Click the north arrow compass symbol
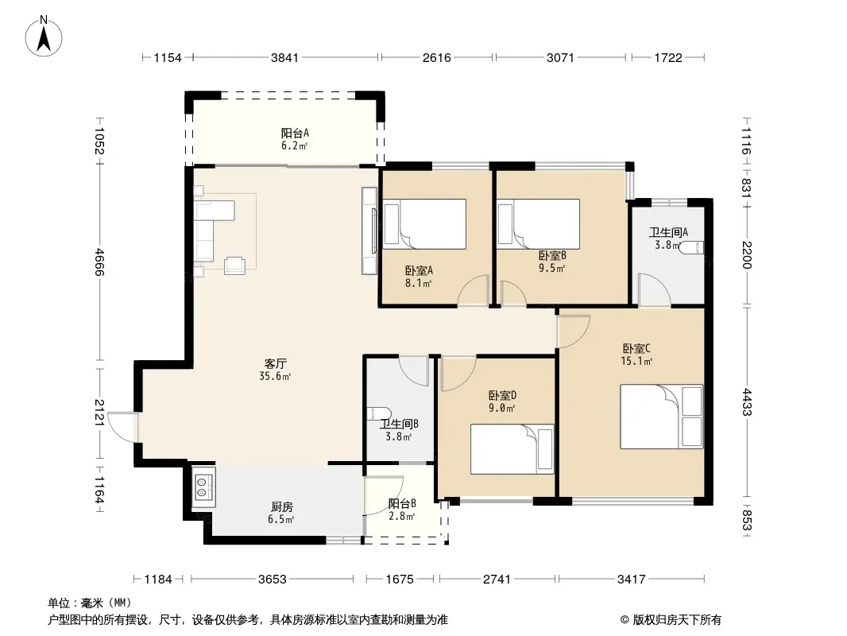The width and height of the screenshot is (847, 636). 44,37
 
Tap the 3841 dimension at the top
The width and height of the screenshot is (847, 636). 284,57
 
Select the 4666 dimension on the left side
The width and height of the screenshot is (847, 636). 99,262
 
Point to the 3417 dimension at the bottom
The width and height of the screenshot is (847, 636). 632,580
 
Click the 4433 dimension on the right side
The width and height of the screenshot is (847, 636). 747,402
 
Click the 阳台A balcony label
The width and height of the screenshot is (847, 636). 295,133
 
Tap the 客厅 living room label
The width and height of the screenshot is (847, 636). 276,363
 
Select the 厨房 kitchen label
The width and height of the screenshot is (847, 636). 282,507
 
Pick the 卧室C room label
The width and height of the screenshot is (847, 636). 636,348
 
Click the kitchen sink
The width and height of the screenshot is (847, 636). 203,487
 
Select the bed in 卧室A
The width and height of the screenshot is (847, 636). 424,224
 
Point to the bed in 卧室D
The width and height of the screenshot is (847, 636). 512,449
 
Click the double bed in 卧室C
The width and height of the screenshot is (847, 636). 662,417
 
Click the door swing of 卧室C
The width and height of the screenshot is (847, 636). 573,332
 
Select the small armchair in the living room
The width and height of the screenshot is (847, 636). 234,265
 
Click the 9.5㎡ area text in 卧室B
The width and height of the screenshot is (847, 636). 551,268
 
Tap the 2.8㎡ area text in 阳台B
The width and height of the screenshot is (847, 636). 401,516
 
